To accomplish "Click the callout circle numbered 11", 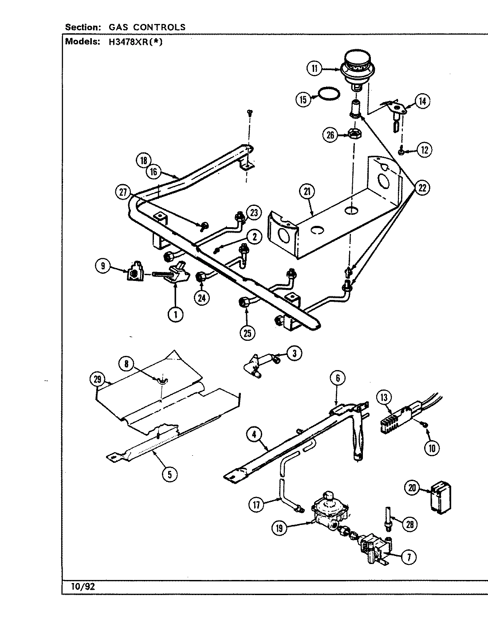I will [314, 68].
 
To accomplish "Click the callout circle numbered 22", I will [422, 188].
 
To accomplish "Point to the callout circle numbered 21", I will [307, 192].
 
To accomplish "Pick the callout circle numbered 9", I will [103, 266].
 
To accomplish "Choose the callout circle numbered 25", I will [247, 332].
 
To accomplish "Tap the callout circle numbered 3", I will [294, 353].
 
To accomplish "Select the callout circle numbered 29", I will [98, 379].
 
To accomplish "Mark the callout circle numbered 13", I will [384, 397].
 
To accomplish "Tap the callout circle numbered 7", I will [409, 558].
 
